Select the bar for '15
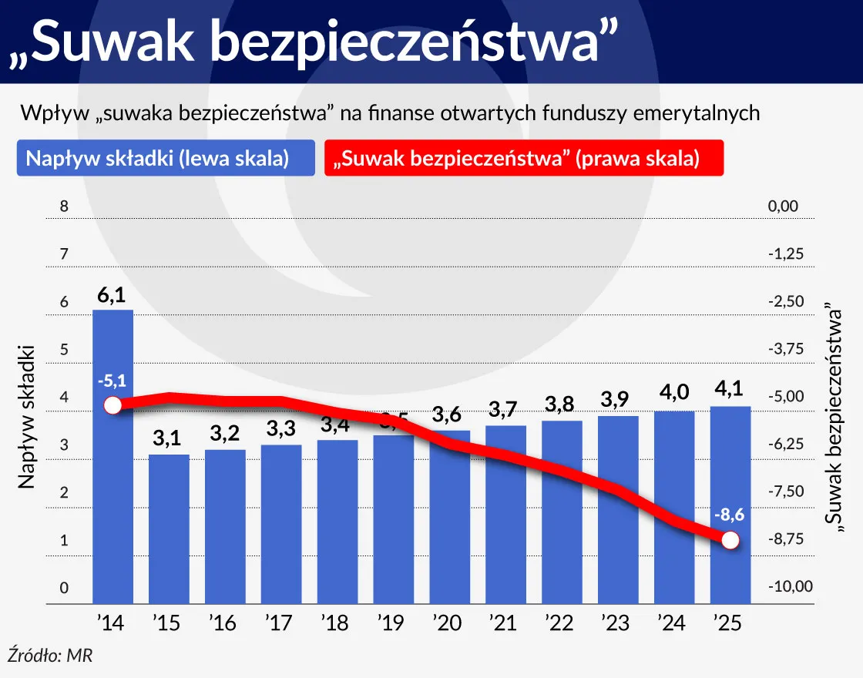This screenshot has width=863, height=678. pos(169,529)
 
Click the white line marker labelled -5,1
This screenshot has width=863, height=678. pos(112,405)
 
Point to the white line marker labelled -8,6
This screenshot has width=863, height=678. pos(730,540)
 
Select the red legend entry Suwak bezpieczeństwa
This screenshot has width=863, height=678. pos(523,158)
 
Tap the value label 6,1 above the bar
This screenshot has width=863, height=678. pos(112,296)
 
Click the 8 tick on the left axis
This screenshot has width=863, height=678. pos(65,206)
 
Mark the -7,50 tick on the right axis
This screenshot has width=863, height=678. pos(786,492)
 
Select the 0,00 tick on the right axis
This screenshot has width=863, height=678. pos(783,206)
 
